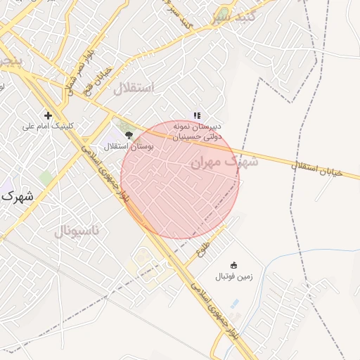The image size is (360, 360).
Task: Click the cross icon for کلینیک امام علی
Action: (x=48, y=115)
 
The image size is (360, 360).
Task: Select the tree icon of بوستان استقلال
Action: (x=128, y=134)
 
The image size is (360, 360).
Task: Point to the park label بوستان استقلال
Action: (x=125, y=146)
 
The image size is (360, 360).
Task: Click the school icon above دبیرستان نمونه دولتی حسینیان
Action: (x=198, y=115)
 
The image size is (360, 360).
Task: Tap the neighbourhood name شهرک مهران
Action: (x=224, y=162)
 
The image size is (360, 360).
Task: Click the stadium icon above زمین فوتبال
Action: (x=235, y=266)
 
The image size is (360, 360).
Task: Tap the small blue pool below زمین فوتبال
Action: (x=235, y=304)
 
